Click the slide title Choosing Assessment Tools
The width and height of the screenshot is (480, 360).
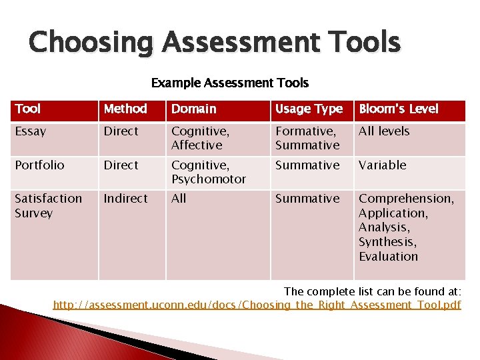coord(214,42)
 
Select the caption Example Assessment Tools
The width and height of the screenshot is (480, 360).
coord(229,83)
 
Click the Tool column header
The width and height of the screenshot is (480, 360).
coord(28,109)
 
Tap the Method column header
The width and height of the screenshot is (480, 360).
coord(125,109)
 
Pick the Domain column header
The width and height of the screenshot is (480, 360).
coord(193,109)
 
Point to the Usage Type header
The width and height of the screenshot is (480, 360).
coord(309,109)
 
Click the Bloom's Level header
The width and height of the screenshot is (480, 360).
coord(398,109)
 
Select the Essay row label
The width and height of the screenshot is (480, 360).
coord(31,131)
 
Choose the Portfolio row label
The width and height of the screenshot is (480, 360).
coord(39,165)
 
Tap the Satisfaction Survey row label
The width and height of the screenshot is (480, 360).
coord(48,205)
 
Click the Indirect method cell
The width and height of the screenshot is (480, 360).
coord(125,199)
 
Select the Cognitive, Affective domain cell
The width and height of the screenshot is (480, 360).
coord(200,138)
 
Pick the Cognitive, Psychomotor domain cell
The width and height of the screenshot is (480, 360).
coord(208,172)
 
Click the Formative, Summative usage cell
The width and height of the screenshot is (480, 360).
coord(307,138)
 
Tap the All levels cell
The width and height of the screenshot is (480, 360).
coord(384,131)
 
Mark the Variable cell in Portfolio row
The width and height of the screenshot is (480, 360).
coord(382,165)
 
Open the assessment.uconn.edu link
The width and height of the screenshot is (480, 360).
coord(257,305)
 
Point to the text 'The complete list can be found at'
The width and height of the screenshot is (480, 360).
coord(372,291)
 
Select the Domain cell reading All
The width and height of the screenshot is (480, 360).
coord(179,199)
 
